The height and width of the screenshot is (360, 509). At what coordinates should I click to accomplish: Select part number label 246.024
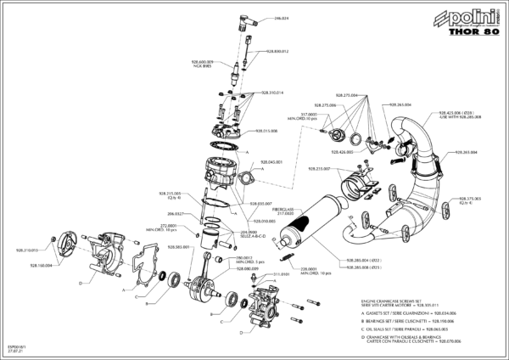281,19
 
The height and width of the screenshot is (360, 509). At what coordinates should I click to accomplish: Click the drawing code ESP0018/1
17,346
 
